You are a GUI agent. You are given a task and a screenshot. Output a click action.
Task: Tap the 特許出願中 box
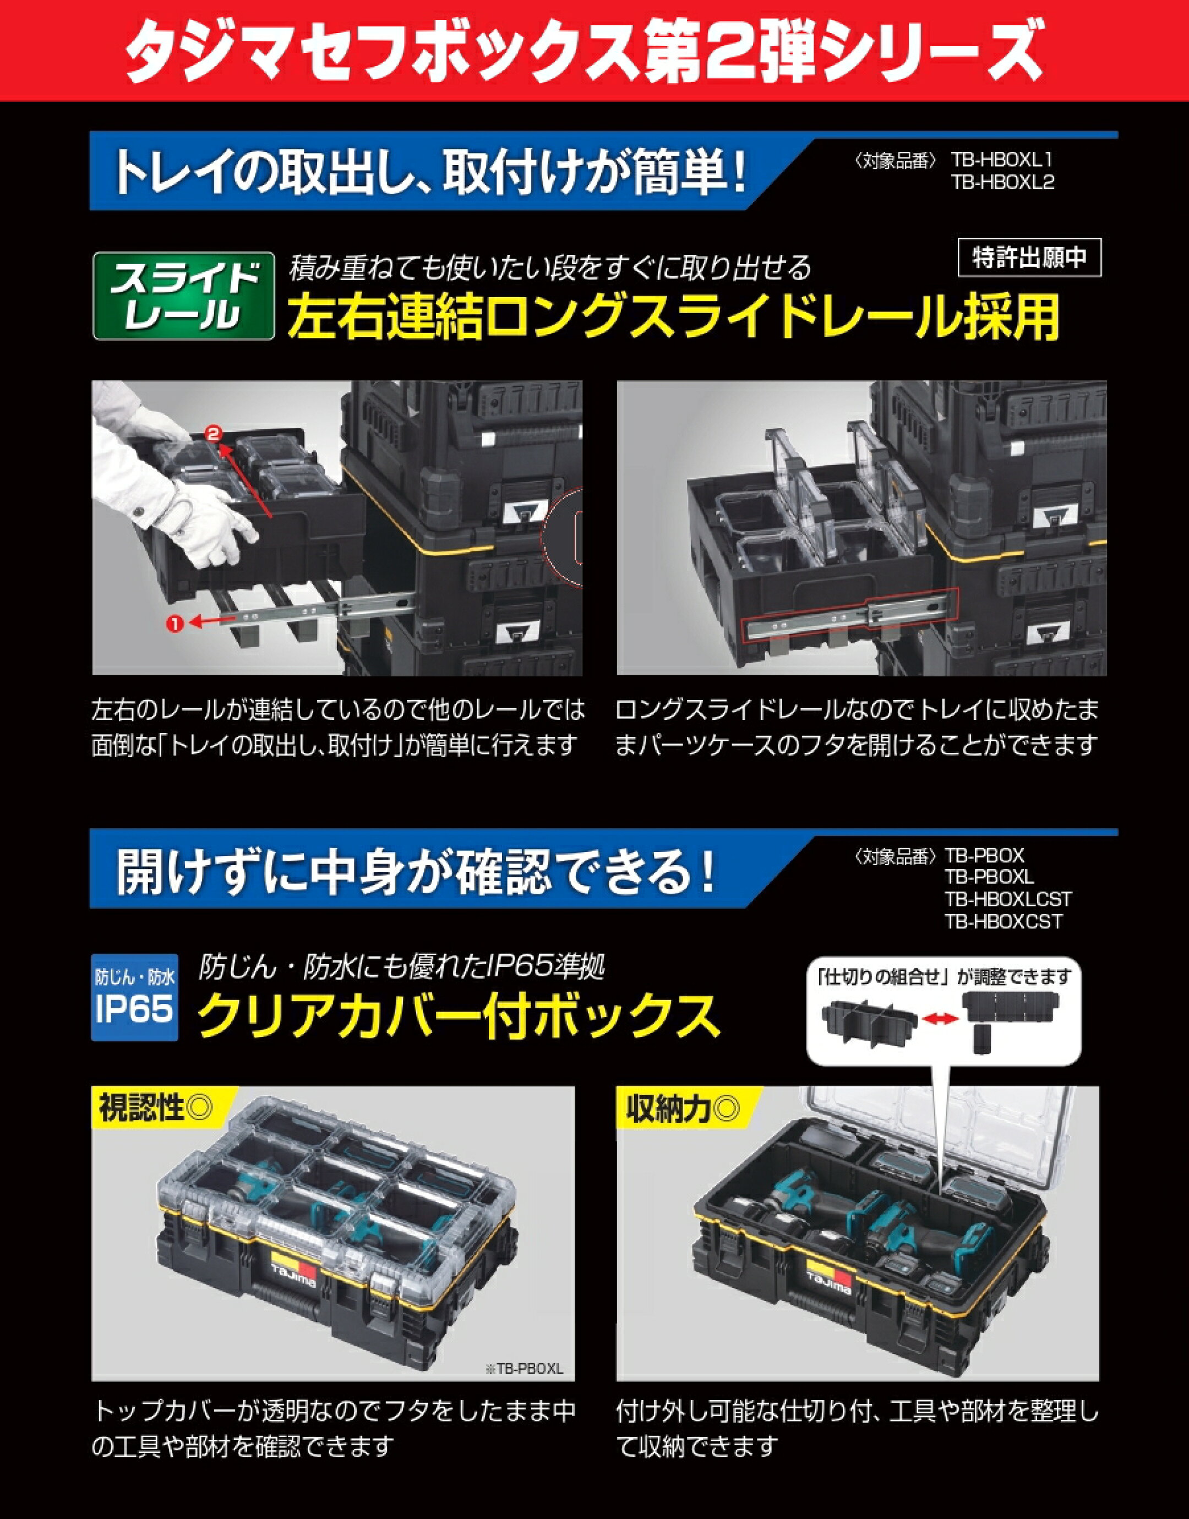pyautogui.click(x=1029, y=258)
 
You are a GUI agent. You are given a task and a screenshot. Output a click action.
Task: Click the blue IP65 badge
pyautogui.click(x=134, y=997)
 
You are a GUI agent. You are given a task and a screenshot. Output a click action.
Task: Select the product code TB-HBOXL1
pyautogui.click(x=1003, y=160)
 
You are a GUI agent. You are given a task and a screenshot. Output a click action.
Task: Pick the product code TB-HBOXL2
pyautogui.click(x=1003, y=182)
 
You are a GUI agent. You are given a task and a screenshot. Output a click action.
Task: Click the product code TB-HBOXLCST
pyautogui.click(x=1008, y=899)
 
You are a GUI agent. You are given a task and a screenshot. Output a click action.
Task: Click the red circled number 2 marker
pyautogui.click(x=214, y=434)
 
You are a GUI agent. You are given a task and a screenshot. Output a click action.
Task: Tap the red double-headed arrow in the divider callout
pyautogui.click(x=941, y=1018)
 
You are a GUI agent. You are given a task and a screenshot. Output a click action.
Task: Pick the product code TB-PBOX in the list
pyautogui.click(x=984, y=855)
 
